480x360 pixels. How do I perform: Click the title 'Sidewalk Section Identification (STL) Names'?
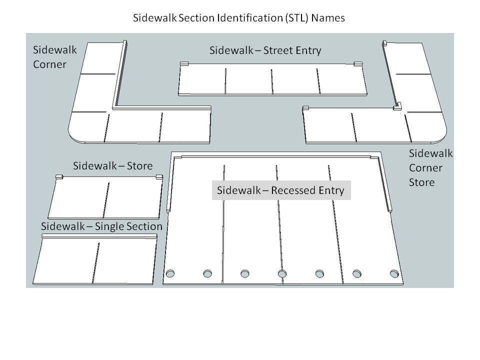click(x=238, y=18)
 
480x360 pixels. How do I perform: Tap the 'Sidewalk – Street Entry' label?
click(x=265, y=50)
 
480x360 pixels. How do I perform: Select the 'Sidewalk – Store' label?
click(x=112, y=165)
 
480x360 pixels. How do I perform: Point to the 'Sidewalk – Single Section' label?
click(x=101, y=226)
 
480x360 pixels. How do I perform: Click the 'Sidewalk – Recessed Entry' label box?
click(x=281, y=190)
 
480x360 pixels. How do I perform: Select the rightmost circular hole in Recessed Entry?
click(x=394, y=273)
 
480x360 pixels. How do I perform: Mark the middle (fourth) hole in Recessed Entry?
click(x=282, y=273)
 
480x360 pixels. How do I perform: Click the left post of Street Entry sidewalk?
click(x=183, y=63)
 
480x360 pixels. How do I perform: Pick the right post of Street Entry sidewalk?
click(x=357, y=63)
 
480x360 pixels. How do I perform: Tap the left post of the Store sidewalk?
click(x=58, y=176)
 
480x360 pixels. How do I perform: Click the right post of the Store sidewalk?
click(x=159, y=176)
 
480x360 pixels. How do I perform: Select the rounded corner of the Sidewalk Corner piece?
click(x=74, y=135)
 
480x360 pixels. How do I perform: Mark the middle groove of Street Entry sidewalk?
click(x=272, y=80)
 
